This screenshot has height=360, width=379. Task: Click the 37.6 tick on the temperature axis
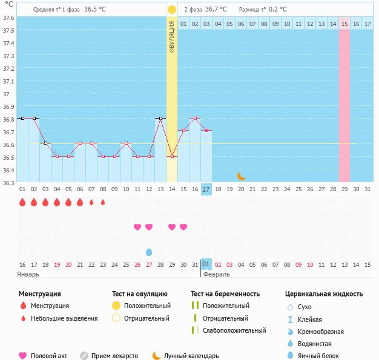pyautogui.click(x=8, y=18)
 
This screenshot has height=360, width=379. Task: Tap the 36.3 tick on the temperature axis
pyautogui.click(x=8, y=182)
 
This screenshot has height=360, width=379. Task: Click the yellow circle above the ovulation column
pyautogui.click(x=172, y=10)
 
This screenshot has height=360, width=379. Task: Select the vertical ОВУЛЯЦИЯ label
pyautogui.click(x=172, y=37)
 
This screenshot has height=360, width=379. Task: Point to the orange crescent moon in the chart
pyautogui.click(x=241, y=175)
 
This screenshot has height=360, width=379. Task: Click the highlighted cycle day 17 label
pyautogui.click(x=206, y=189)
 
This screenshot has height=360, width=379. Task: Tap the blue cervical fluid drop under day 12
pyautogui.click(x=149, y=252)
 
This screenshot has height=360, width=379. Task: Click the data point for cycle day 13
pyautogui.click(x=160, y=118)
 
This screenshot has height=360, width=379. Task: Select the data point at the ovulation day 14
pyautogui.click(x=172, y=156)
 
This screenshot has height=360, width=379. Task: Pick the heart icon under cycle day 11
pyautogui.click(x=137, y=227)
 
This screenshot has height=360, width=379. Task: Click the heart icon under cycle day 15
pyautogui.click(x=183, y=227)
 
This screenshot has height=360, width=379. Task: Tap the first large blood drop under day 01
pyautogui.click(x=22, y=202)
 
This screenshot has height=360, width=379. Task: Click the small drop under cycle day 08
pyautogui.click(x=103, y=202)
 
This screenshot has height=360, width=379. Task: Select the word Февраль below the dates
pyautogui.click(x=216, y=274)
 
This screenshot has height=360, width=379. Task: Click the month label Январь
pyautogui.click(x=28, y=274)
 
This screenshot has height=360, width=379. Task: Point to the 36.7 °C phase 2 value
pyautogui.click(x=216, y=10)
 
